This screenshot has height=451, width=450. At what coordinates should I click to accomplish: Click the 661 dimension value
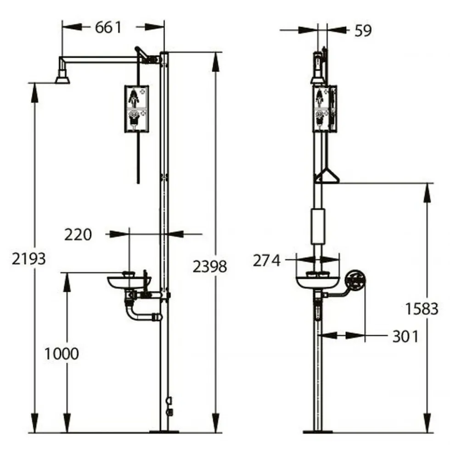point(108,28)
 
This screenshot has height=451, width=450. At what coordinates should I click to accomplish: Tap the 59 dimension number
point(363,31)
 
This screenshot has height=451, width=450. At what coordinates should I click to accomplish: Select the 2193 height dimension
point(29,259)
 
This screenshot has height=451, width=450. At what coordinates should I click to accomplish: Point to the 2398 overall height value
point(210,267)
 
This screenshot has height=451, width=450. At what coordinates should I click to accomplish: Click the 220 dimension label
point(78,235)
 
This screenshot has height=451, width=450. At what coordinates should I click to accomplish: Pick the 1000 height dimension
point(62,354)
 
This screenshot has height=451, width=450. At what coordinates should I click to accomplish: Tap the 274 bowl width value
point(266,261)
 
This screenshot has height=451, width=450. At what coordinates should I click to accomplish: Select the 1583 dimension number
point(422,309)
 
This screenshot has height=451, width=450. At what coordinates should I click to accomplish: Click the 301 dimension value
point(405,336)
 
